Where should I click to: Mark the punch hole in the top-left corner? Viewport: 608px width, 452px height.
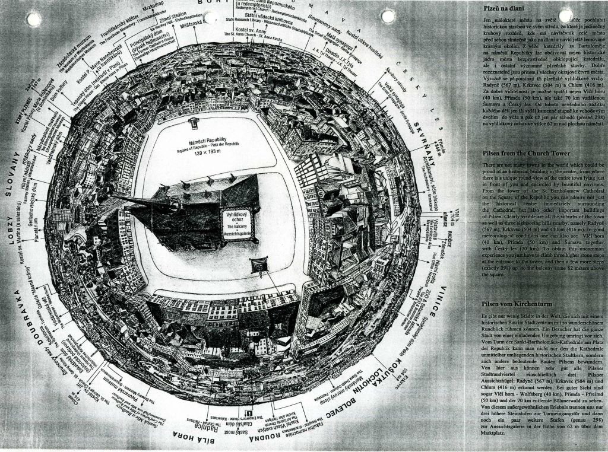click(34, 19)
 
